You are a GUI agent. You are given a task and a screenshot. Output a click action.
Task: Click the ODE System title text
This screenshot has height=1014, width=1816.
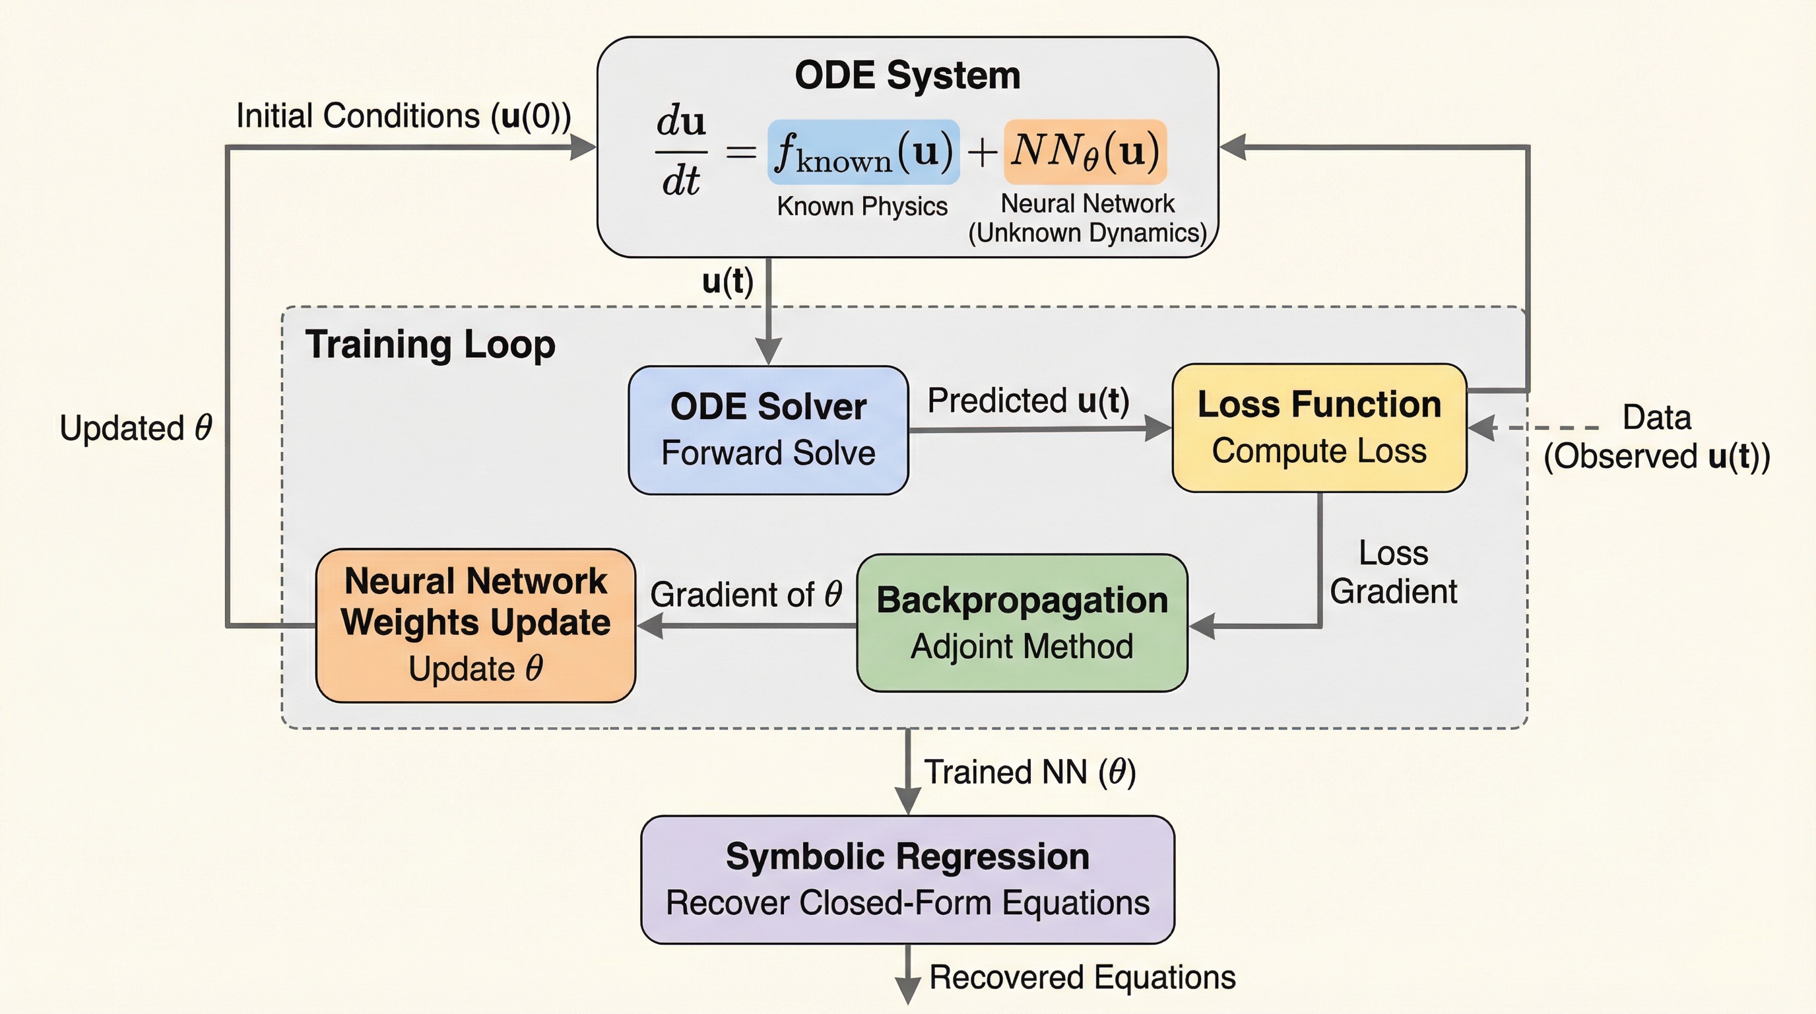(x=907, y=75)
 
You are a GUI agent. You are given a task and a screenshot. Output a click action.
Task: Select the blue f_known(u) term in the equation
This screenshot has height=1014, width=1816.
(x=863, y=152)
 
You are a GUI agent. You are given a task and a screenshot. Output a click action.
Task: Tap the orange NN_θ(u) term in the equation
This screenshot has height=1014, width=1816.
(x=1085, y=152)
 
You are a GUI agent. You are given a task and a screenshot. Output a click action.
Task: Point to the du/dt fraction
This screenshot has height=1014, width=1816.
(x=680, y=151)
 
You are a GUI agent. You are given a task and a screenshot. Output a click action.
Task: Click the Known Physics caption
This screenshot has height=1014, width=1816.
(x=861, y=206)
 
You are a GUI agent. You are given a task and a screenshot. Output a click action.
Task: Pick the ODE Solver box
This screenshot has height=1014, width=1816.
(x=767, y=430)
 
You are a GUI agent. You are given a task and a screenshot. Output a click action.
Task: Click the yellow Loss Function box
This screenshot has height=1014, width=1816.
(x=1319, y=427)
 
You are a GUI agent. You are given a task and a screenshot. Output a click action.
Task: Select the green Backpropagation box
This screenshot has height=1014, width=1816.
(x=1021, y=623)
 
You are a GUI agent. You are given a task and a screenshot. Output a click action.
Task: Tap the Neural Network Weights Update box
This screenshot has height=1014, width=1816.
(x=475, y=625)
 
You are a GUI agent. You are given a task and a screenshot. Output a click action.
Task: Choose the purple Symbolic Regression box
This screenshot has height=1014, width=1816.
(x=907, y=879)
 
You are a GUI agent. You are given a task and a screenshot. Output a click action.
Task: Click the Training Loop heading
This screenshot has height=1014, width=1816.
(x=430, y=345)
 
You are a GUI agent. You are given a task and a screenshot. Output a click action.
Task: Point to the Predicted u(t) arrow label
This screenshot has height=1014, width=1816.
(x=1028, y=401)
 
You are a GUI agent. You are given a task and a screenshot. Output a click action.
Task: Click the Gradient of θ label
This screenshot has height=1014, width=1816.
(x=746, y=593)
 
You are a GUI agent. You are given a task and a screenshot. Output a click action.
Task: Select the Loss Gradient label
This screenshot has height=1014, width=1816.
(x=1393, y=572)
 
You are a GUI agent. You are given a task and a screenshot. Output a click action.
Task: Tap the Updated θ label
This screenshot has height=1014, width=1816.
(x=136, y=428)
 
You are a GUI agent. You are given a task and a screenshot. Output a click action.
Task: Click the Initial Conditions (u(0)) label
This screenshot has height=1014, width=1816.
(x=403, y=116)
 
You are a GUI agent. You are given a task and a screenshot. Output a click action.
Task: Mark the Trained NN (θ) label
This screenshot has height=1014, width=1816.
(x=1029, y=772)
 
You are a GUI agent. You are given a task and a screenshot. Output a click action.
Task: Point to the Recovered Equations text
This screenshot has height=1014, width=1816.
(x=1082, y=976)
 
